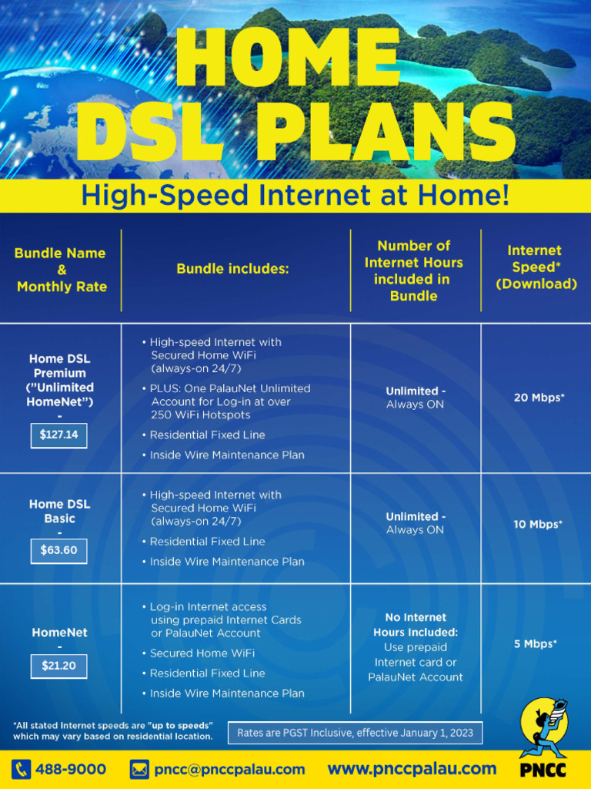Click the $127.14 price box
59,435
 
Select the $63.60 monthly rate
59,551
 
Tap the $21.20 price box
59,666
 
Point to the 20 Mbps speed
539,398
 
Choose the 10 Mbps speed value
538,525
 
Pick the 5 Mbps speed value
536,643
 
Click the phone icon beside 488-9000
21,769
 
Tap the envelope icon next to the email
139,769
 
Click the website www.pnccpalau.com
412,768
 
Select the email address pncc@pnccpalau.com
229,769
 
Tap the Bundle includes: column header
232,269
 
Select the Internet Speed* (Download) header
536,267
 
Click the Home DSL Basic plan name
59,511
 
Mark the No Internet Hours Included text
416,625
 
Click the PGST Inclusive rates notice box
355,732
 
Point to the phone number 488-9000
71,769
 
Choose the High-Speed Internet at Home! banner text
295,196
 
